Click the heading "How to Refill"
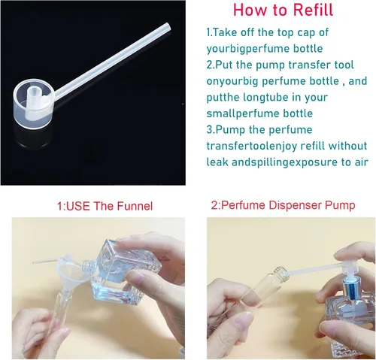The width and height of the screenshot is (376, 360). pos(283,10)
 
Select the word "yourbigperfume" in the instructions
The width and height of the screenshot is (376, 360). pos(247,49)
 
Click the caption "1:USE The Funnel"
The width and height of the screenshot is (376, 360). pos(105,206)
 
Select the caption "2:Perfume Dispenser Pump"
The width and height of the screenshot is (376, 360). pos(283,205)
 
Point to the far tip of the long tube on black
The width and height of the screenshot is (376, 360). pos(168,26)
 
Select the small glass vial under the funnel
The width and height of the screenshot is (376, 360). pos(58,313)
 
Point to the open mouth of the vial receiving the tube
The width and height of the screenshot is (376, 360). pos(281,274)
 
